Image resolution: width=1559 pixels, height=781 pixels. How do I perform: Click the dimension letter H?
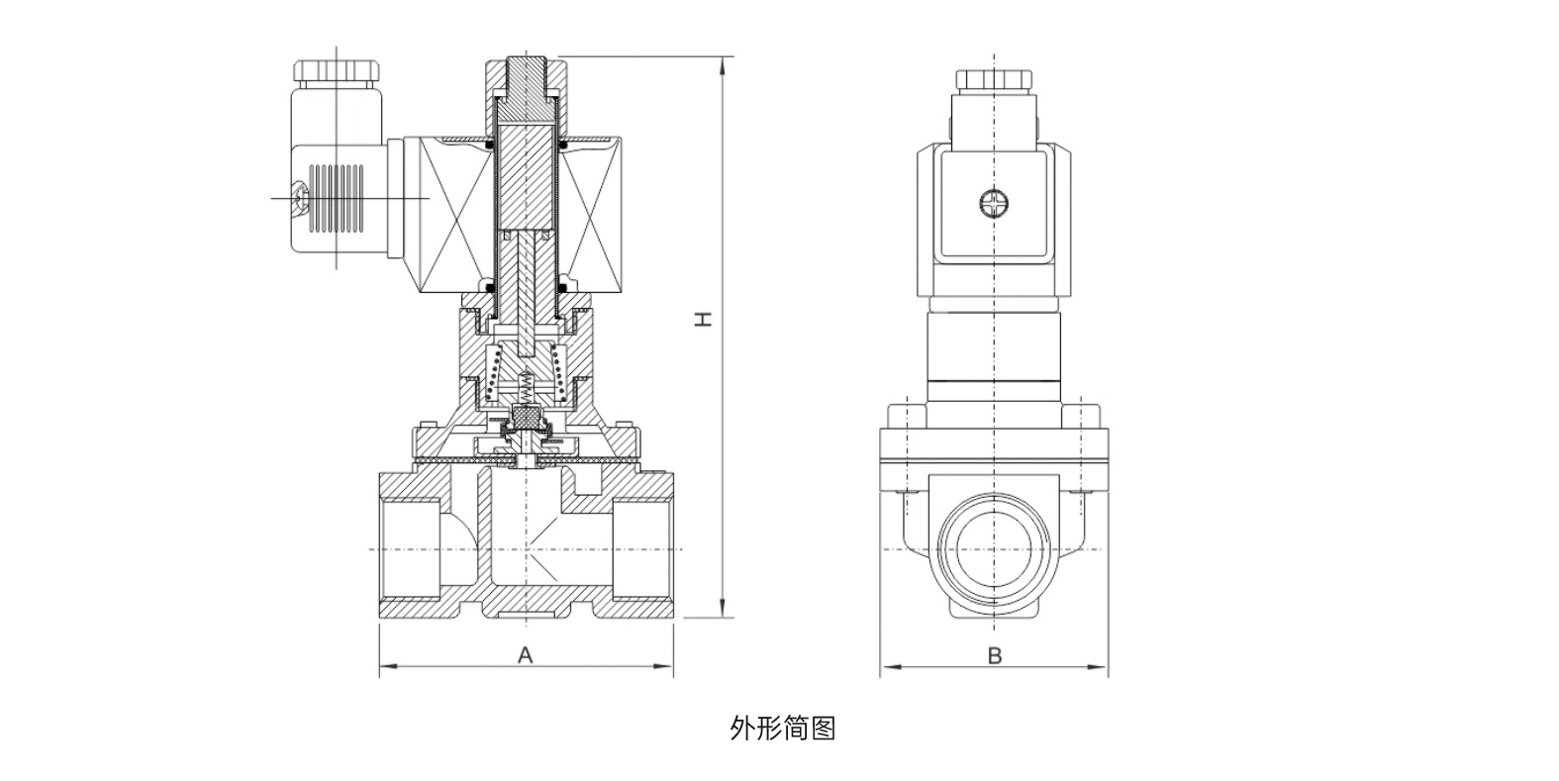702,320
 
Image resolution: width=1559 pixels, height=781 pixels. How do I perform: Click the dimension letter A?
526,654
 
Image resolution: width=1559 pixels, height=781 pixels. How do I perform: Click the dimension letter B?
995,655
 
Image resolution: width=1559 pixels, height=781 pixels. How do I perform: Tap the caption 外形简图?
782,729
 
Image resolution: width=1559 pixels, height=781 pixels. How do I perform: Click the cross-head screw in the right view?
994,205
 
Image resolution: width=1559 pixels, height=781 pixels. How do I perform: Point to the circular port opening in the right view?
994,549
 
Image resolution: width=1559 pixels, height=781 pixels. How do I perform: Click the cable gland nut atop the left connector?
337,72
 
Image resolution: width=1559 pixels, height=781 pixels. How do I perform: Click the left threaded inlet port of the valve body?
408,549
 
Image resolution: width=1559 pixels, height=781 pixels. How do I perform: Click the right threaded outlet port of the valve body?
643,549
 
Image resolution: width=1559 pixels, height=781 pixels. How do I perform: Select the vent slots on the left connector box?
337,199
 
